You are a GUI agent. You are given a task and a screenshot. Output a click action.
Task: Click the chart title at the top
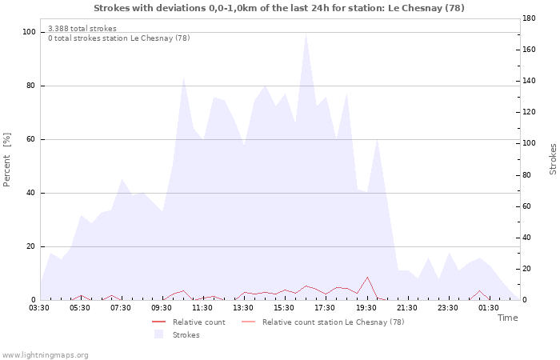(279, 8)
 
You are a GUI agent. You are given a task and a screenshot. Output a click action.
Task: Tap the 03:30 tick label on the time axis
(39, 308)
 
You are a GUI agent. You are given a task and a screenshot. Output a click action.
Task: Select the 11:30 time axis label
(202, 308)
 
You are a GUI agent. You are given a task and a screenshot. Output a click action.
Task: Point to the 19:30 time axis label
(366, 308)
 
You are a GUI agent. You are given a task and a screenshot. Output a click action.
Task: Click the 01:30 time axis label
(489, 308)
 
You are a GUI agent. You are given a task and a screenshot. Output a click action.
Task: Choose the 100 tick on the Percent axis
(29, 32)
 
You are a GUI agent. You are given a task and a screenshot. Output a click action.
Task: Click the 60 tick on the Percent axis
(30, 139)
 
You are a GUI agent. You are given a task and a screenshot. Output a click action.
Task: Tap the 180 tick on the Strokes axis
(529, 18)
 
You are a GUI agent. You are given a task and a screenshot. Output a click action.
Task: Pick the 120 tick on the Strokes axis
(529, 112)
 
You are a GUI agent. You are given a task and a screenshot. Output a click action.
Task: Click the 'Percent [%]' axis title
(6, 160)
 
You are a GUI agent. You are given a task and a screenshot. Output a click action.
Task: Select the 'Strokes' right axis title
(553, 159)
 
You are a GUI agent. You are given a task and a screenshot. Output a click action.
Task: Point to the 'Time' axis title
(507, 318)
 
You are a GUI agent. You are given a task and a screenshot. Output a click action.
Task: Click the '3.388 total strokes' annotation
(82, 29)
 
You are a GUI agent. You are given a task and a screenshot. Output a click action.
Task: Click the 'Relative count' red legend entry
(188, 322)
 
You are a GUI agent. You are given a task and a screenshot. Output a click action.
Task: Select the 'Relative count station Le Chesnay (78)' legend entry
(323, 322)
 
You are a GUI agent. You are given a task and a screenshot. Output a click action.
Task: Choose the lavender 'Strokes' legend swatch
(158, 334)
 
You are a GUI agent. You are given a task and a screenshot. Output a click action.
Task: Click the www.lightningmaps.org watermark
(45, 355)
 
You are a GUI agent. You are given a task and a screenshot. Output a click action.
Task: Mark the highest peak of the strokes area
(306, 34)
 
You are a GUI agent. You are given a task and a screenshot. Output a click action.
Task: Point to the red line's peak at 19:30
(367, 277)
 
